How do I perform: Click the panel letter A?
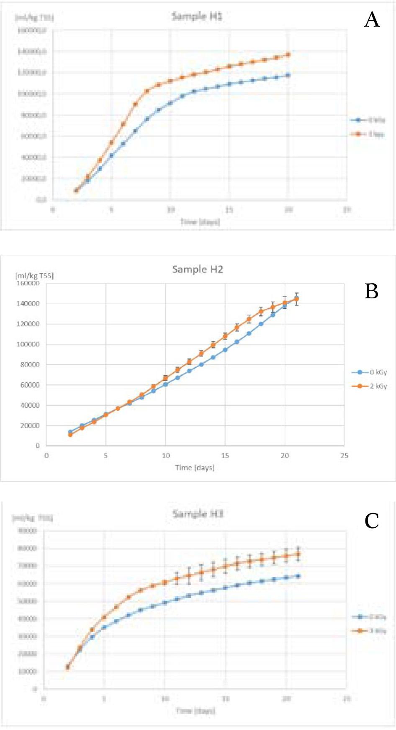tap(372, 20)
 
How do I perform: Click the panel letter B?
tap(372, 291)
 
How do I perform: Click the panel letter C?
tap(372, 521)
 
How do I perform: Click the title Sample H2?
tap(198, 270)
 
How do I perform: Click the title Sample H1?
tap(197, 16)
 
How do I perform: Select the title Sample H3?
tap(198, 514)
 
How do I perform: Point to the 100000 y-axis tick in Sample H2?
tap(28, 344)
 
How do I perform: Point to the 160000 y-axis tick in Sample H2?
tap(28, 283)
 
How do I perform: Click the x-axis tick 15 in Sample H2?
tap(225, 455)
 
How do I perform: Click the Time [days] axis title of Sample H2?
tap(195, 468)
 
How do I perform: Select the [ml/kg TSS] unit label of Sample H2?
tap(34, 276)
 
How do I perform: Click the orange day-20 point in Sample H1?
tap(288, 54)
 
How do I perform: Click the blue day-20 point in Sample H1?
tap(288, 75)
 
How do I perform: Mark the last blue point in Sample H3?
tap(298, 576)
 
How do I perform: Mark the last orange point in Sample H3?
tap(298, 554)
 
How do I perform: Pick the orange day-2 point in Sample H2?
tap(70, 435)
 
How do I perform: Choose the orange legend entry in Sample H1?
tap(368, 134)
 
